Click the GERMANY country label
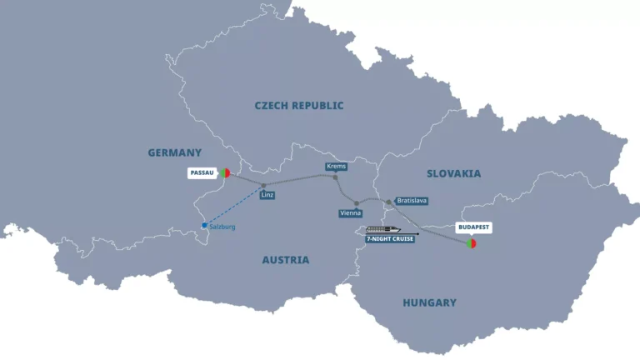175,152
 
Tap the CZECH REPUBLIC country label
299,106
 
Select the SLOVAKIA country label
453,173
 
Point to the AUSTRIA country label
286,260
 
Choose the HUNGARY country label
430,302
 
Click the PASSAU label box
202,173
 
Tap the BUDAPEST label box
472,227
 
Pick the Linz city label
267,195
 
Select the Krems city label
336,167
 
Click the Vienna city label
350,213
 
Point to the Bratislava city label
412,201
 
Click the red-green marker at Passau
225,173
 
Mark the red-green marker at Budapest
472,244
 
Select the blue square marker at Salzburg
204,225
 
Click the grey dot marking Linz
263,186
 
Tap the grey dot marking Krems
335,177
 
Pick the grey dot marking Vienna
356,203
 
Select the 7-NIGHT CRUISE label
389,238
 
